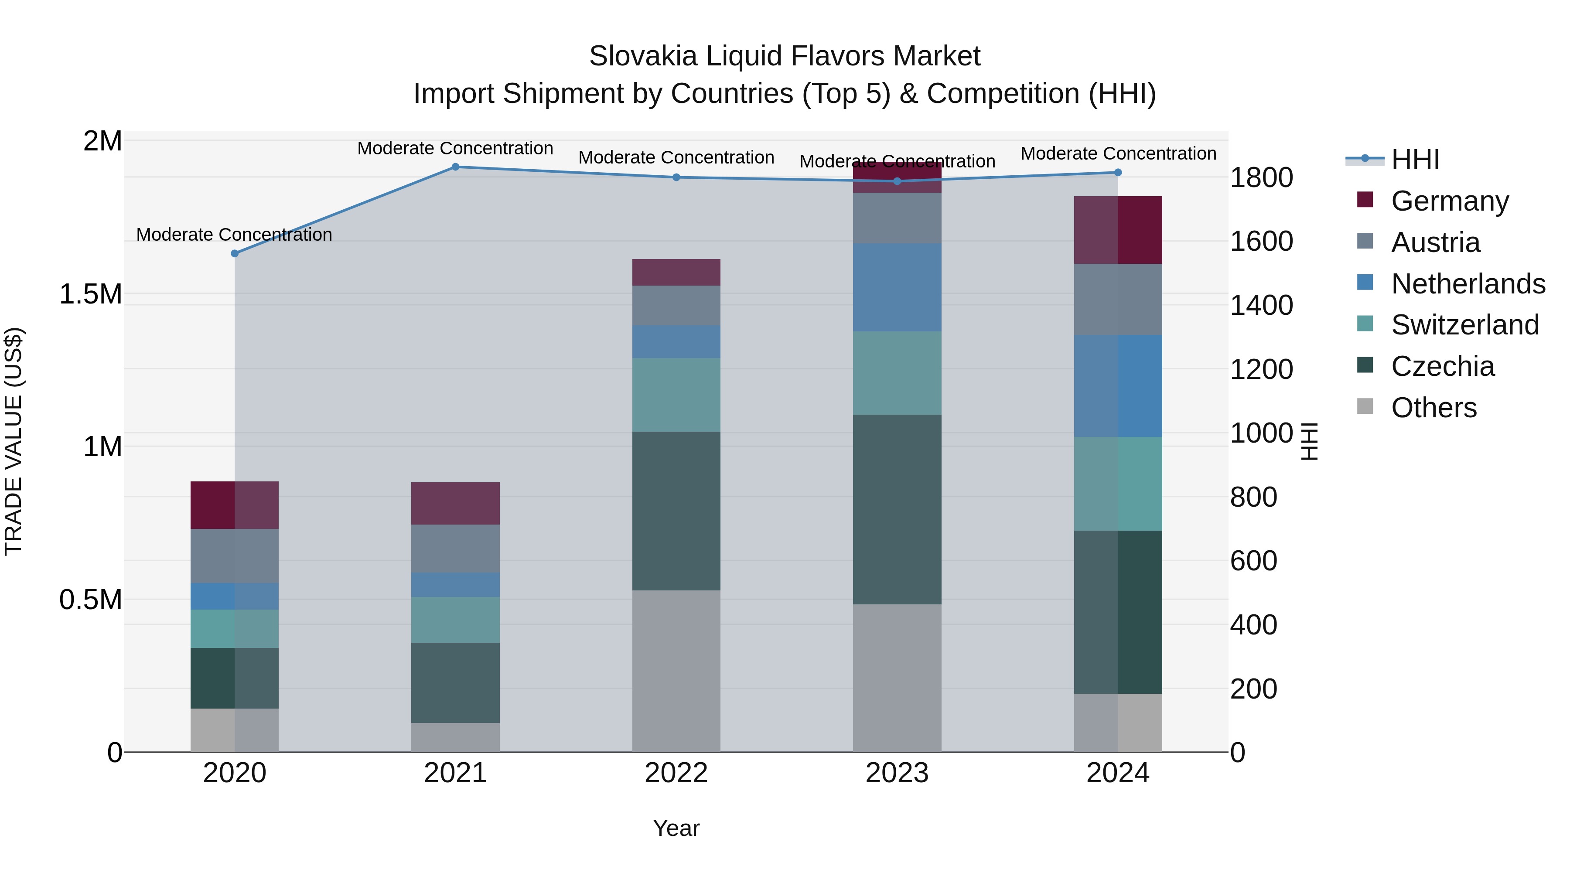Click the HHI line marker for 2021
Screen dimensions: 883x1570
pyautogui.click(x=455, y=167)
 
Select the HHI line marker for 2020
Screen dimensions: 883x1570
pyautogui.click(x=235, y=253)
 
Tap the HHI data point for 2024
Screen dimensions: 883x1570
pyautogui.click(x=1118, y=172)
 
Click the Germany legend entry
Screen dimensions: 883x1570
pyautogui.click(x=1449, y=201)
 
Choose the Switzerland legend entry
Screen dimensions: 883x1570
pyautogui.click(x=1464, y=325)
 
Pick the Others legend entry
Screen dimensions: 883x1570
pyautogui.click(x=1433, y=408)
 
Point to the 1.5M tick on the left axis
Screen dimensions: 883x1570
pyautogui.click(x=90, y=294)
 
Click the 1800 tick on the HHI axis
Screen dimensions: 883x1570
pyautogui.click(x=1261, y=178)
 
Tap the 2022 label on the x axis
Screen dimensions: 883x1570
pyautogui.click(x=676, y=773)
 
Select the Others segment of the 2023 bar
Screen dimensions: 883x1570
pyautogui.click(x=897, y=678)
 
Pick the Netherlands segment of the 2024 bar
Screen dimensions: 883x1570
pyautogui.click(x=1118, y=386)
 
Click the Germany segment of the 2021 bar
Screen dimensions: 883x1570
pyautogui.click(x=455, y=503)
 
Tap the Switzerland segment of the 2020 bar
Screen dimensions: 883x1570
pyautogui.click(x=235, y=628)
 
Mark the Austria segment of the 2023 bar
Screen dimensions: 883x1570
pyautogui.click(x=897, y=218)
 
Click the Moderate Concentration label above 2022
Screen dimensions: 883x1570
pyautogui.click(x=676, y=158)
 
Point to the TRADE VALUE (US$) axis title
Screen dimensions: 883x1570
pyautogui.click(x=14, y=441)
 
